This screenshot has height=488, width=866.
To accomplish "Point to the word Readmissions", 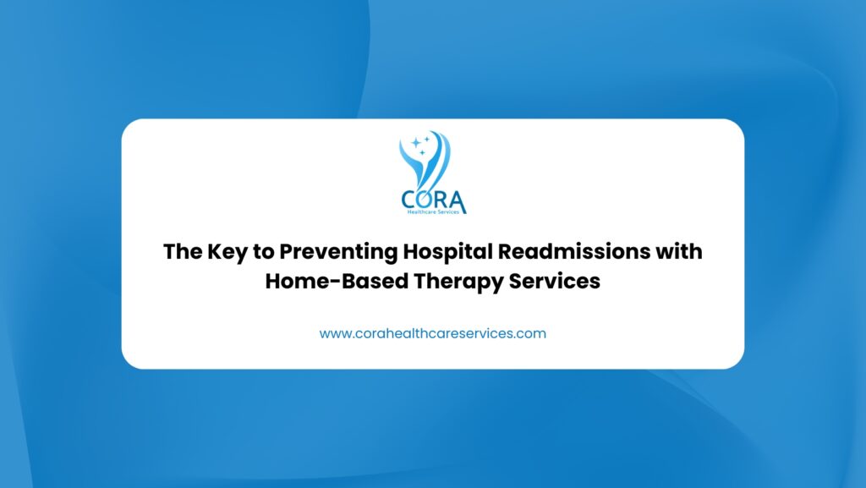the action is click(x=574, y=251).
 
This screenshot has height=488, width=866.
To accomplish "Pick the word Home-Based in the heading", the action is click(x=337, y=281).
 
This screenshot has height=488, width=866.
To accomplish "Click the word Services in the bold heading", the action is click(x=554, y=281).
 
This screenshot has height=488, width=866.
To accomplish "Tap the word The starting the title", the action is click(x=183, y=252).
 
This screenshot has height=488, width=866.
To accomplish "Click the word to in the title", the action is click(x=264, y=252).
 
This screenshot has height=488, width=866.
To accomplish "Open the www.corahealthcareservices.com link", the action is click(x=432, y=333).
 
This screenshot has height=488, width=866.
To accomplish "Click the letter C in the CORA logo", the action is click(x=409, y=200).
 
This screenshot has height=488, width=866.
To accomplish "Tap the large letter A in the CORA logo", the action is click(x=458, y=202).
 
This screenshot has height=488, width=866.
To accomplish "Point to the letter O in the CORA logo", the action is click(x=426, y=200).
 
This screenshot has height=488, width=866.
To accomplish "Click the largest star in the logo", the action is click(x=416, y=143).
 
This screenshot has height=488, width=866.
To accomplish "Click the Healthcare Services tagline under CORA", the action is click(x=433, y=211).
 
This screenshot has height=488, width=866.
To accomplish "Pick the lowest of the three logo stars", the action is click(x=423, y=152).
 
